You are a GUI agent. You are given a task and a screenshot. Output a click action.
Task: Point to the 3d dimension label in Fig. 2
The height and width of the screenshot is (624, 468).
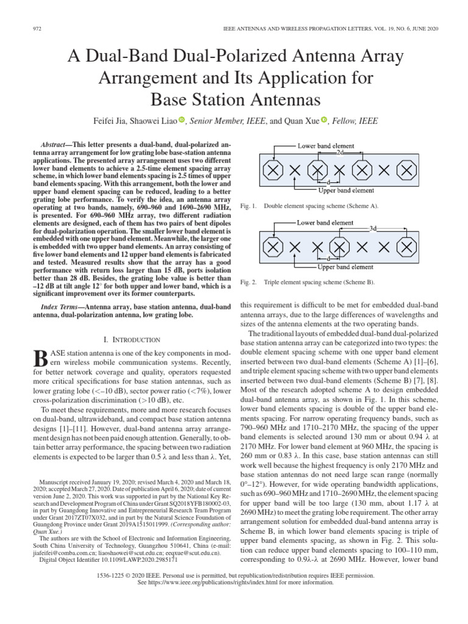[x=373, y=228]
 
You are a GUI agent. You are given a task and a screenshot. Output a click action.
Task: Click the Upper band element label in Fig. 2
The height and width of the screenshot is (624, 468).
[x=346, y=266]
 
